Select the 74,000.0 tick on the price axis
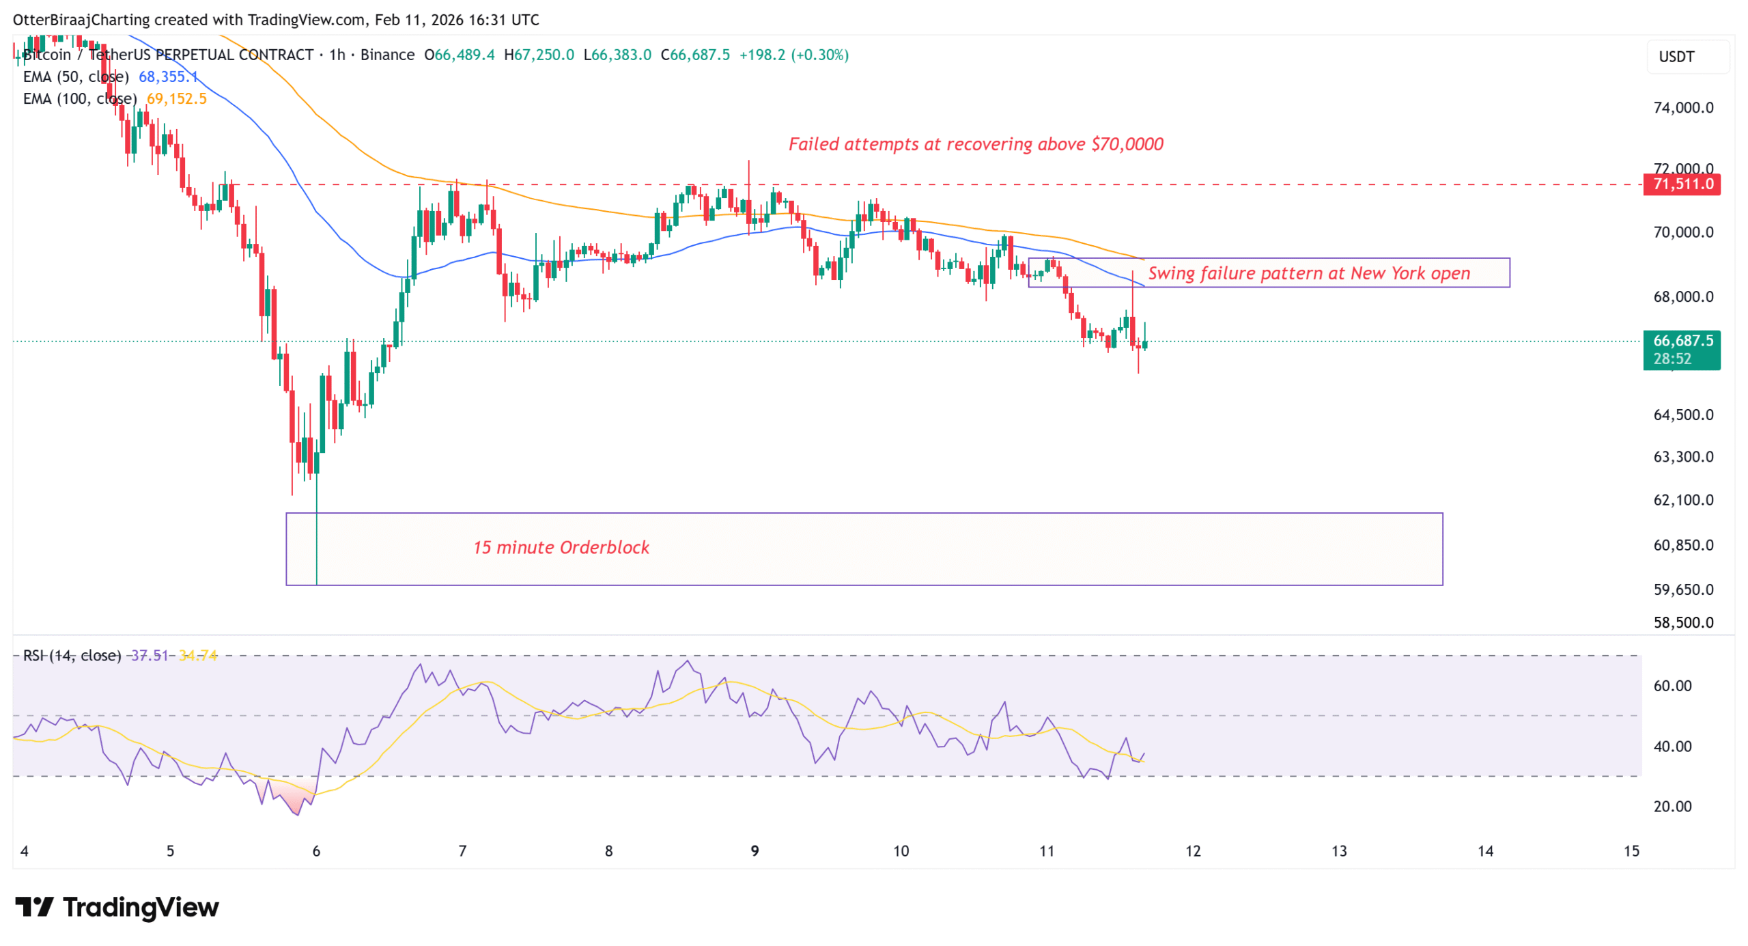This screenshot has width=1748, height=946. pos(1682,107)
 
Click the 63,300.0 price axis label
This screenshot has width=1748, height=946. pos(1682,456)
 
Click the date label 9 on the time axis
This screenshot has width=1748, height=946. pos(754,850)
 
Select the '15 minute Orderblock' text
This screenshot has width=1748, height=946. pos(561,546)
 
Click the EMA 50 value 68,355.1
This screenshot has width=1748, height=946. pos(167,76)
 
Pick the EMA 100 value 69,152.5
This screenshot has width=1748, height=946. pos(176,98)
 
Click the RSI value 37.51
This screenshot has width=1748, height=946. pos(149,654)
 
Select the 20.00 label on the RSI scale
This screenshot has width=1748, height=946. pos(1672,805)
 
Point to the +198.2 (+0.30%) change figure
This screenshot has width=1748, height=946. pos(793,55)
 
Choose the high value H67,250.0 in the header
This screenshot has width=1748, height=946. pos(538,55)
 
